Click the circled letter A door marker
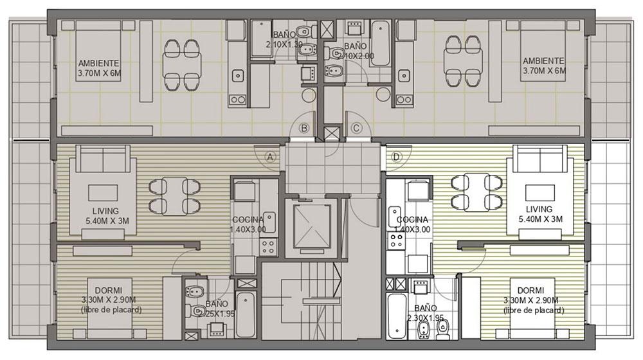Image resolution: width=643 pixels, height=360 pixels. [270, 157]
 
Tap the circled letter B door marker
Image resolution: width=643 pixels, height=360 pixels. [304, 129]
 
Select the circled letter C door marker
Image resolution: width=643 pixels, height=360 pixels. [356, 129]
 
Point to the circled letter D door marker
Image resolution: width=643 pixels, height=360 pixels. [396, 157]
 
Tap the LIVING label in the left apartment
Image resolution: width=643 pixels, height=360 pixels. [106, 211]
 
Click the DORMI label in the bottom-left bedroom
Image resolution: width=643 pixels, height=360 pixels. [108, 291]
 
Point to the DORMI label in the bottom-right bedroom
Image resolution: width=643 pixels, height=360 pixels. [530, 291]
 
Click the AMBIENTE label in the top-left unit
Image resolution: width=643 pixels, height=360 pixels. [98, 63]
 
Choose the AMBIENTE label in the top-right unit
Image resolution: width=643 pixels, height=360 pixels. [543, 61]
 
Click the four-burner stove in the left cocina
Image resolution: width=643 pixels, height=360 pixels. [268, 247]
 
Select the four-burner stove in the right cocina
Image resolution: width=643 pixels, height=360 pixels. [396, 240]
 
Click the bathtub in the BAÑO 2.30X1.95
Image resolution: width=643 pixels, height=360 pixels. [396, 315]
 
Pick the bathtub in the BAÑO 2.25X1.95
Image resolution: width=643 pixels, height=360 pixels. [246, 314]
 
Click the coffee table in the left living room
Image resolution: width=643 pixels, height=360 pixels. [103, 193]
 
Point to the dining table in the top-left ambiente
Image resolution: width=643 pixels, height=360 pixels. [182, 65]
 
